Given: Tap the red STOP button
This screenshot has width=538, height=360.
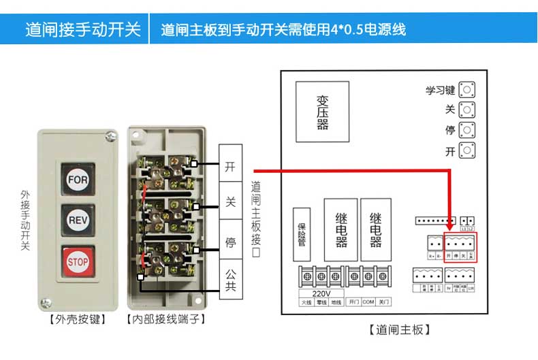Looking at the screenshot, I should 78,261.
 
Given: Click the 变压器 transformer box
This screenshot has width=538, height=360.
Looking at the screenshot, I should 322,112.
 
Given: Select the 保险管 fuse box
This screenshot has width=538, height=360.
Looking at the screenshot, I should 302,234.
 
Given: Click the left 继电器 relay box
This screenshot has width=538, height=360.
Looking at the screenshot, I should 341,229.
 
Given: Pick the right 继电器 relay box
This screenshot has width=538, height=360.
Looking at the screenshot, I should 375,229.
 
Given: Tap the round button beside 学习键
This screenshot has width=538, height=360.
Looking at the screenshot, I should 466,90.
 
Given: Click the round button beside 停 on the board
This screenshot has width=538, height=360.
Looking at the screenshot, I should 466,130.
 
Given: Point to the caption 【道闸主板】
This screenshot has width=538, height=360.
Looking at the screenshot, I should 398,330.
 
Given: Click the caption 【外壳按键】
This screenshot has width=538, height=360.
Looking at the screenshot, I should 78,318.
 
